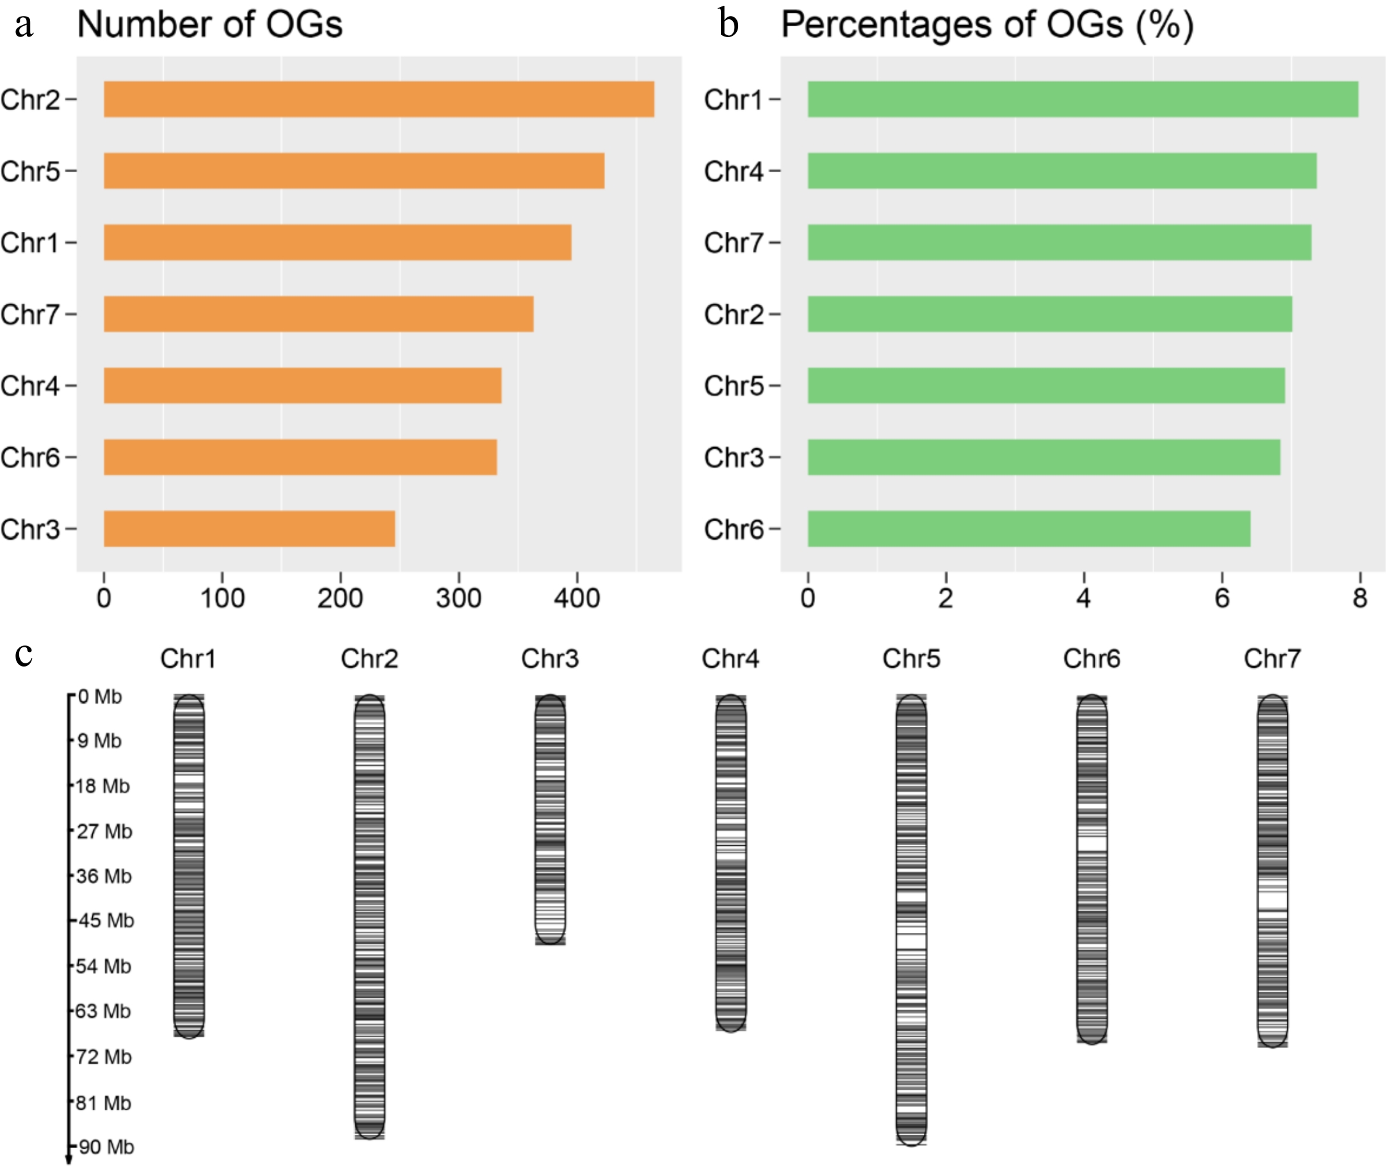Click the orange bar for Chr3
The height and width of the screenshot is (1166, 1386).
[249, 528]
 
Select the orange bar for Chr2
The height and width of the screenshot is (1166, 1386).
[379, 99]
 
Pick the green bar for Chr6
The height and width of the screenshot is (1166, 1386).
[1028, 528]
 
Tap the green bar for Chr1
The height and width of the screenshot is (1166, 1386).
[1083, 99]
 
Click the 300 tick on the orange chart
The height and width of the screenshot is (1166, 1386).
[459, 597]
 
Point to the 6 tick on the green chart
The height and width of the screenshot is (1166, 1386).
[1221, 597]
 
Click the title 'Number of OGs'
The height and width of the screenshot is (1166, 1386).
[209, 24]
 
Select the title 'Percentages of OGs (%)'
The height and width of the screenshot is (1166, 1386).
[987, 25]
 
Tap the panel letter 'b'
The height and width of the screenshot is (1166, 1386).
[728, 24]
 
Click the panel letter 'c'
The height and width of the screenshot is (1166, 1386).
[24, 654]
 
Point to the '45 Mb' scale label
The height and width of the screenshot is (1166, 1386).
[105, 920]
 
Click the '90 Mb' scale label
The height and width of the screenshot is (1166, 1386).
[105, 1146]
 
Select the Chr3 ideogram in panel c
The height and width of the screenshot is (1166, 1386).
[550, 820]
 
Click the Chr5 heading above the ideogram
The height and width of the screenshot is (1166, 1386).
[911, 658]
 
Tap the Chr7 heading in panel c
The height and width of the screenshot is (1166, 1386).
[1271, 658]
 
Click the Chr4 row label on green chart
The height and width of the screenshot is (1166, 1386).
[734, 171]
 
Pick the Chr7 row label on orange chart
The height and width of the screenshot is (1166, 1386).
[29, 314]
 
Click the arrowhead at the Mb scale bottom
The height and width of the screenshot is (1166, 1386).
[68, 1159]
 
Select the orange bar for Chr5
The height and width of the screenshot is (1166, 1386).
[353, 170]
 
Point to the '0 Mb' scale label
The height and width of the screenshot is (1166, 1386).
[99, 697]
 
